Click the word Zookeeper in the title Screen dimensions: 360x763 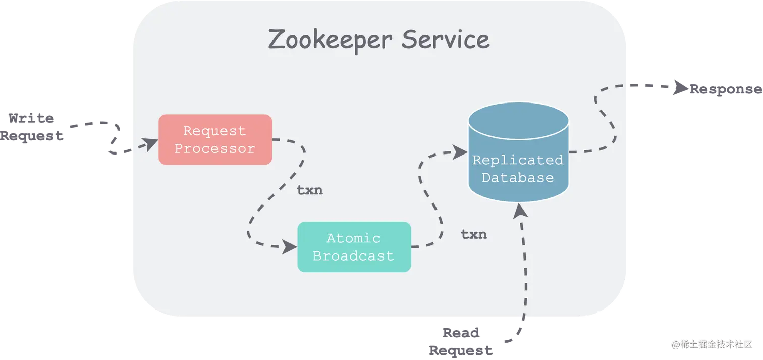[x=331, y=40]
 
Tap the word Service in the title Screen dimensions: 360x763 [x=445, y=40]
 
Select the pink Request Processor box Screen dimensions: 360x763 [x=215, y=139]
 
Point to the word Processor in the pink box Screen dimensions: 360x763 [x=215, y=149]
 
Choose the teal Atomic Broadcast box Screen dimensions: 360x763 [x=354, y=247]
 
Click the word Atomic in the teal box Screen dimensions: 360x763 [x=353, y=238]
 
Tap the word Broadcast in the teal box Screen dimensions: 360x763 [x=353, y=255]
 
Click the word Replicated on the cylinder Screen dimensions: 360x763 [x=518, y=160]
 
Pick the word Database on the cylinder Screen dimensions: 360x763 [x=518, y=178]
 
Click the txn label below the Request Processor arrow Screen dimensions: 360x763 [x=309, y=191]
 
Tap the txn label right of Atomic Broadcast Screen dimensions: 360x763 [x=474, y=234]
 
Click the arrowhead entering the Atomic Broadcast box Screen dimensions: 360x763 [x=290, y=247]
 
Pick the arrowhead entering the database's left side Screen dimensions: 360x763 [x=460, y=150]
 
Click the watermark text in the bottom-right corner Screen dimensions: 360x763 [x=711, y=344]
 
